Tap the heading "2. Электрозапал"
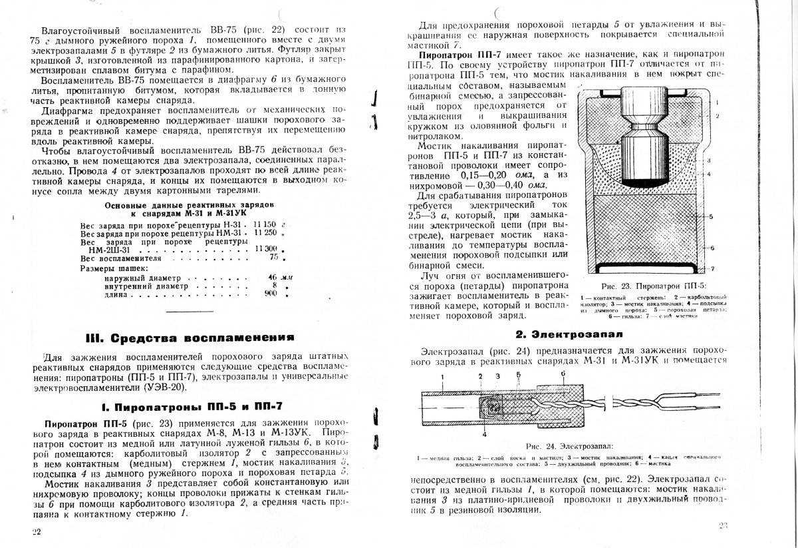pyautogui.click(x=556, y=334)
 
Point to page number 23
pyautogui.click(x=724, y=525)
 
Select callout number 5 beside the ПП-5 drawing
pyautogui.click(x=712, y=217)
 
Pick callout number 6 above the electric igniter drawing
pyautogui.click(x=563, y=374)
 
